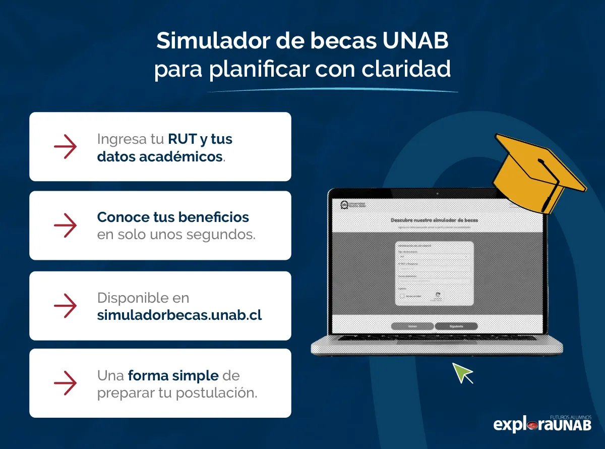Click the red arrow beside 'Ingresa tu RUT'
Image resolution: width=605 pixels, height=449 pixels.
[65, 147]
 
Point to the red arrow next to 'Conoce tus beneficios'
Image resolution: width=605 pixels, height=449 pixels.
[65, 226]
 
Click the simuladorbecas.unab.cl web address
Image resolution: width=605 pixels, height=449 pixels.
[179, 315]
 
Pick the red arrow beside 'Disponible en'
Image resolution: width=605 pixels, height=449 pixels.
[65, 306]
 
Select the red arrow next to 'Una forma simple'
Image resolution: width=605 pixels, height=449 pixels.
[65, 383]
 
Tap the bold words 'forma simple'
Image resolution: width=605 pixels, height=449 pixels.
[173, 376]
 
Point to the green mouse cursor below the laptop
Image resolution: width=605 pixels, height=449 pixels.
[461, 373]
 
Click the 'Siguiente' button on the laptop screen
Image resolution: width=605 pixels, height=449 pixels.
[456, 326]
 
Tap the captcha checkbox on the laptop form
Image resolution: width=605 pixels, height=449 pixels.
[403, 296]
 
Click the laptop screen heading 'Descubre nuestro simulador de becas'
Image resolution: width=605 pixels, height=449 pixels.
[434, 220]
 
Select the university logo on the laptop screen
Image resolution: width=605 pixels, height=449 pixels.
[345, 204]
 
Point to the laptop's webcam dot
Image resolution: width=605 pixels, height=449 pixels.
[437, 194]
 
